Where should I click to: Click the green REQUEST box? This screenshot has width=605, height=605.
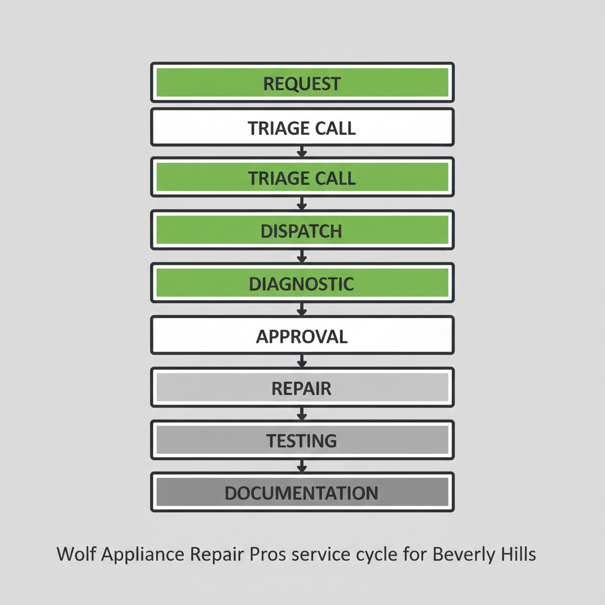click(302, 83)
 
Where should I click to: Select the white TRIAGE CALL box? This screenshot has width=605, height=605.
click(302, 127)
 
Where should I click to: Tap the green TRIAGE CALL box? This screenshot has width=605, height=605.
click(302, 177)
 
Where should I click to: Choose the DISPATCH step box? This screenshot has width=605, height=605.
click(302, 230)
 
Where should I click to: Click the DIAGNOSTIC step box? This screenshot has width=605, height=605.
click(302, 283)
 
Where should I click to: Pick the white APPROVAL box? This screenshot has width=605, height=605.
click(302, 336)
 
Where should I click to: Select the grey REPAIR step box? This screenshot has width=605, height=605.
click(302, 388)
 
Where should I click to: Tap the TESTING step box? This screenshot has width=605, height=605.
click(302, 440)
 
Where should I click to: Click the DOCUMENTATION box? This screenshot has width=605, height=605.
click(302, 492)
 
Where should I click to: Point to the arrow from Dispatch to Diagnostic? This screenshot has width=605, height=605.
click(302, 256)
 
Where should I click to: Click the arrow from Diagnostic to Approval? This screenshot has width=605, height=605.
click(302, 308)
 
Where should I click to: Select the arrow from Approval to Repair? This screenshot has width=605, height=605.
click(302, 360)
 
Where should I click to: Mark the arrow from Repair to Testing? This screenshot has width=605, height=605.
click(302, 413)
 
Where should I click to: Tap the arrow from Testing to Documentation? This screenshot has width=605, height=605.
click(302, 465)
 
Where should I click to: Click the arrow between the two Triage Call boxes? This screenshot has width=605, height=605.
click(302, 152)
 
